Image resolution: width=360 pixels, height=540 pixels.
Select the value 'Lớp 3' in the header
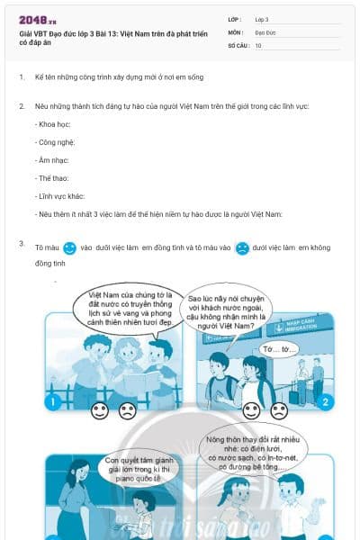pyautogui.click(x=263, y=19)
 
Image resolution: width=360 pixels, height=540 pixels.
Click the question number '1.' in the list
pyautogui.click(x=22, y=76)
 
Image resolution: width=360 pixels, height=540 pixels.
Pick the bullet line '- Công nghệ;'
pyautogui.click(x=56, y=142)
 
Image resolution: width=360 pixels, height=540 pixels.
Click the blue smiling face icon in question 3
pyautogui.click(x=70, y=247)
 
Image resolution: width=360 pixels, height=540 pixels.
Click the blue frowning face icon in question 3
pyautogui.click(x=242, y=247)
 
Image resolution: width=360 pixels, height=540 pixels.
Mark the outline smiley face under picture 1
pyautogui.click(x=100, y=411)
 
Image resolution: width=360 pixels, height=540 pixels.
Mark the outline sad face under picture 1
pyautogui.click(x=127, y=411)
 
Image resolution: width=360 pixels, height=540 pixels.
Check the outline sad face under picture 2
pyautogui.click(x=279, y=411)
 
